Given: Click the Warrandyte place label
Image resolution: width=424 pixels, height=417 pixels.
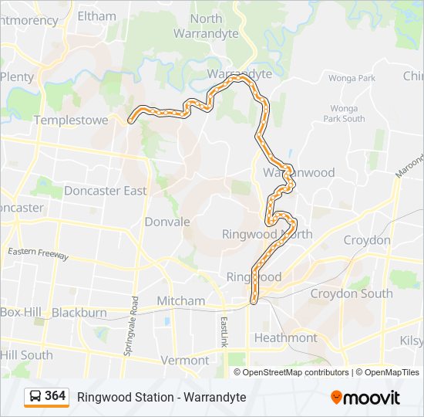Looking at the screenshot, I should [x=239, y=74].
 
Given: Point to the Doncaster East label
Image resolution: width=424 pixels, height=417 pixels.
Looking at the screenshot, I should [x=105, y=191].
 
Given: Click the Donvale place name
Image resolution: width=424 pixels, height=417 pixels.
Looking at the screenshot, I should [x=167, y=222].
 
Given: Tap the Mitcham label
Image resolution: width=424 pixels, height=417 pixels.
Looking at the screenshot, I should [x=181, y=300].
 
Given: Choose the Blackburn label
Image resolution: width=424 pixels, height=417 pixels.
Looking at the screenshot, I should [x=79, y=313].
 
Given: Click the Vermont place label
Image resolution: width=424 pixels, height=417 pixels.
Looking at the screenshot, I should [x=185, y=360].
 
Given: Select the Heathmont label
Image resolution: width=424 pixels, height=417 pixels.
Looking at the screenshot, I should [x=285, y=337].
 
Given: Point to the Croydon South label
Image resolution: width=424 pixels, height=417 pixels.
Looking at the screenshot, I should [x=352, y=293].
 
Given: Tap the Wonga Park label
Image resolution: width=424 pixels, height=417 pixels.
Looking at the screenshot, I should [x=352, y=78].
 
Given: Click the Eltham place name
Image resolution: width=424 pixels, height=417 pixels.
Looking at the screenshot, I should [x=97, y=15].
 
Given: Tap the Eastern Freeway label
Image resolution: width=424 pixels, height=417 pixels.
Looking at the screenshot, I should [x=39, y=253].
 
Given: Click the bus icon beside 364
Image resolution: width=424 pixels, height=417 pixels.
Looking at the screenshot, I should [x=35, y=397].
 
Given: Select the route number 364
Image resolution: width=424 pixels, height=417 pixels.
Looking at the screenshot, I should [x=56, y=396].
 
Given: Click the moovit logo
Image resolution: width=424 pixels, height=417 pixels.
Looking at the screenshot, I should [x=365, y=397].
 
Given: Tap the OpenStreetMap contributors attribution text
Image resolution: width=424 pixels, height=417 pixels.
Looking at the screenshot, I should [x=295, y=372].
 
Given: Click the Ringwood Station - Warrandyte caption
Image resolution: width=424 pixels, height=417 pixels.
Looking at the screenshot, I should [x=161, y=397].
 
